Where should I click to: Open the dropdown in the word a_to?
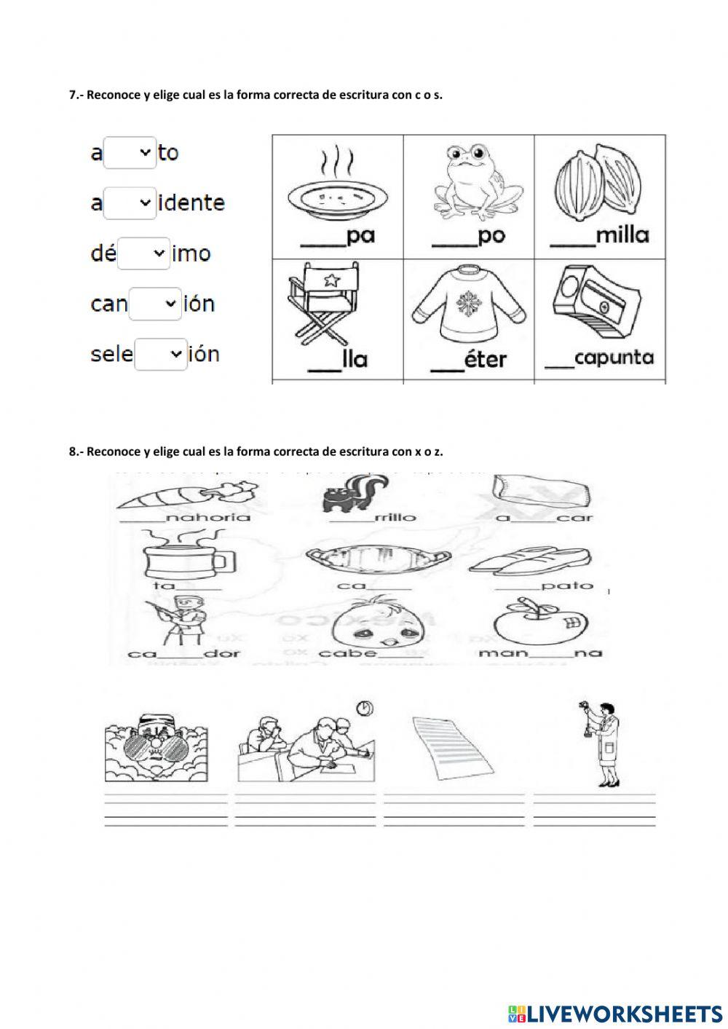(x=130, y=153)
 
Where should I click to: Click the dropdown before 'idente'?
(x=130, y=203)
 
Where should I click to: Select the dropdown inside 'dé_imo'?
(x=143, y=253)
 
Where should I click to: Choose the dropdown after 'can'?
(x=155, y=304)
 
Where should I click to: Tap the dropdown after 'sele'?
(x=161, y=354)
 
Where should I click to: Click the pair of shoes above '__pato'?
(x=528, y=563)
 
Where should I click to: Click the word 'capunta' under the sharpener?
(x=613, y=358)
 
